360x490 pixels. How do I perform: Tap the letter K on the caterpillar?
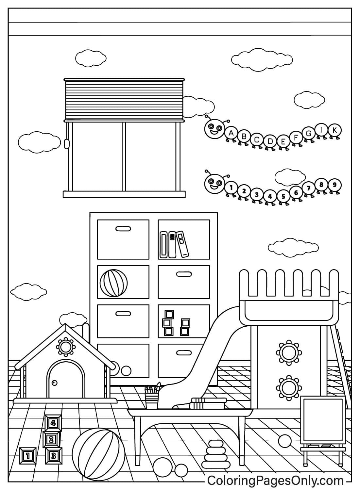(x=334, y=130)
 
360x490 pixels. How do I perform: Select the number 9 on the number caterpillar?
(x=334, y=185)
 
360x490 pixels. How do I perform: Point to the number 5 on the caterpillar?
(x=283, y=196)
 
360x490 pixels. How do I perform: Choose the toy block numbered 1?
(x=28, y=456)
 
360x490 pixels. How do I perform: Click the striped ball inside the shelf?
(x=114, y=283)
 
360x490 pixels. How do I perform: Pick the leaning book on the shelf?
(x=182, y=244)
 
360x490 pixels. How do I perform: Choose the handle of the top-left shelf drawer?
(x=123, y=229)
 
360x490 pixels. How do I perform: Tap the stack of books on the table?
(x=208, y=403)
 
